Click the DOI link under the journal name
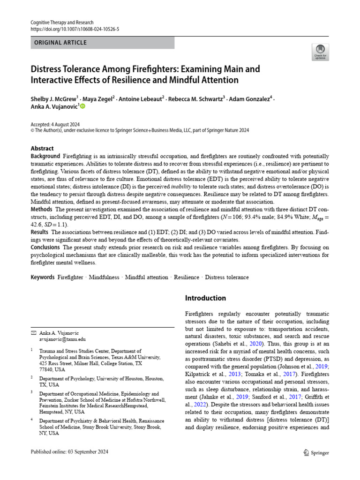(x=75, y=29)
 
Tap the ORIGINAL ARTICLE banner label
(x=60, y=43)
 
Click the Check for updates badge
(x=320, y=52)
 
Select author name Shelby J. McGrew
(x=53, y=99)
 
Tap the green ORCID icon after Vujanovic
(x=82, y=106)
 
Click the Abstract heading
(x=42, y=148)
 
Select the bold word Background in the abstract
(x=45, y=156)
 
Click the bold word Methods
(x=41, y=209)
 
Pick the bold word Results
(x=39, y=232)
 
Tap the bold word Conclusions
(x=45, y=247)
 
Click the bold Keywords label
(x=43, y=277)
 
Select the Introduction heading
(x=205, y=298)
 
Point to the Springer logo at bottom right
(x=316, y=452)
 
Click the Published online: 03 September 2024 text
(x=69, y=452)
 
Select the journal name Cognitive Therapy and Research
(x=61, y=22)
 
